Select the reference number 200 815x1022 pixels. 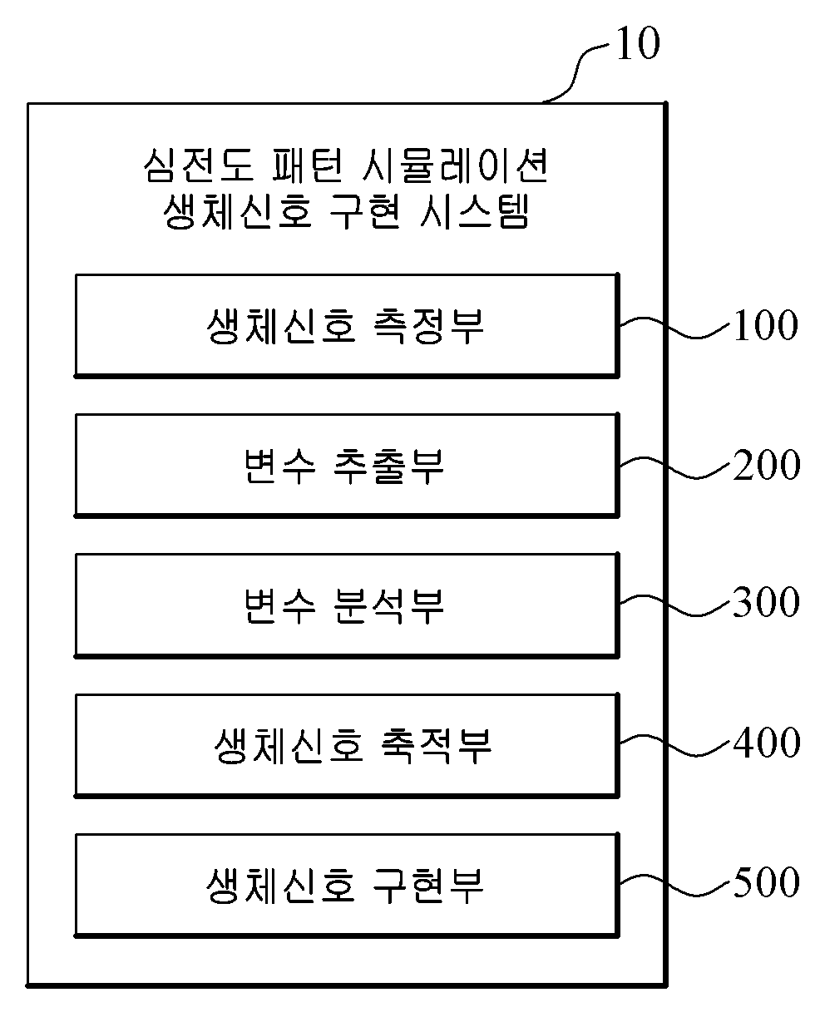coord(766,466)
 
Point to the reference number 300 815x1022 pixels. coord(766,604)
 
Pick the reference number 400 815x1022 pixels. coord(766,743)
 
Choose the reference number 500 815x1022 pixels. coord(766,883)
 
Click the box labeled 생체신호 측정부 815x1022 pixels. coord(347,324)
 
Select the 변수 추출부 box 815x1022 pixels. coord(347,464)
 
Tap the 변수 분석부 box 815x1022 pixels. coord(347,604)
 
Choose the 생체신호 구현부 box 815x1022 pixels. coord(347,883)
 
